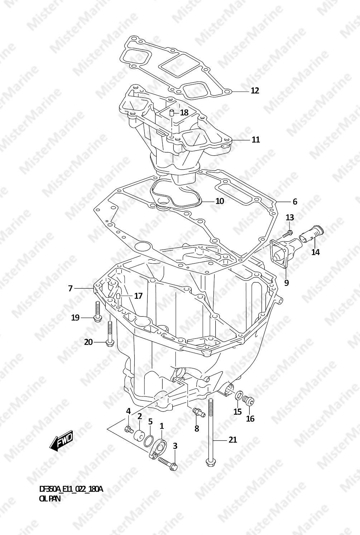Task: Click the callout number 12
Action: (255, 91)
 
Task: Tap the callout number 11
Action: (256, 140)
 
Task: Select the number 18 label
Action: (184, 112)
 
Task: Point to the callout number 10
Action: (220, 201)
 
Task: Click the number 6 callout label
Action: (295, 202)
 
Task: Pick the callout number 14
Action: (316, 252)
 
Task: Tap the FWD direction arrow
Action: (61, 442)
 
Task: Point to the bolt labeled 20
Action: (109, 334)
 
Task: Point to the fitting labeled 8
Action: (198, 413)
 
